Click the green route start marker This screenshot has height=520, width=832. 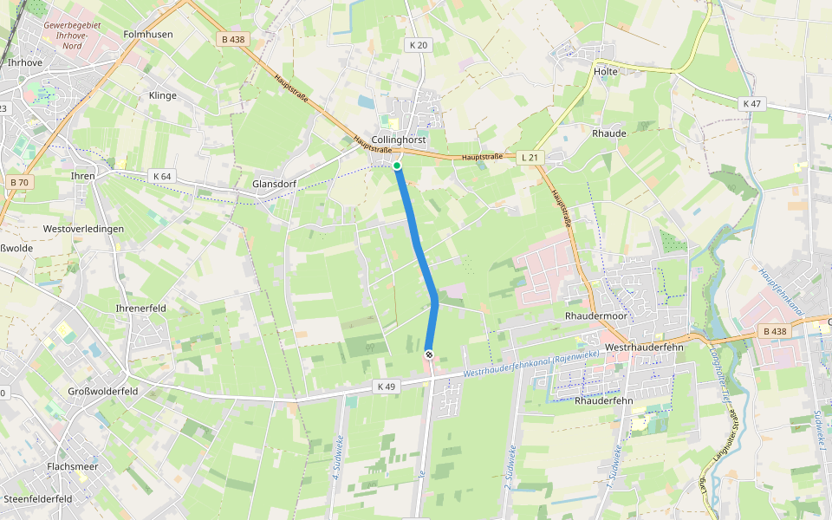(x=397, y=165)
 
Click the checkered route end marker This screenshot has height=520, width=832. (x=429, y=354)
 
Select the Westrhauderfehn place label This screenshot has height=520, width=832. (x=645, y=347)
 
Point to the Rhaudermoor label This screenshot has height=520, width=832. (x=595, y=316)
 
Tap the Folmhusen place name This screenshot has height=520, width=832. (x=148, y=35)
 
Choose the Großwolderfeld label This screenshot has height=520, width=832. (x=103, y=391)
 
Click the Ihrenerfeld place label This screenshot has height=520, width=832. (x=140, y=308)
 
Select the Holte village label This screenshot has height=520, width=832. (x=607, y=71)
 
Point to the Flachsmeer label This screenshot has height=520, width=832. (x=73, y=466)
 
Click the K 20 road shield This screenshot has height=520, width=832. (x=418, y=45)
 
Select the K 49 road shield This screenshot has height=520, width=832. (x=387, y=386)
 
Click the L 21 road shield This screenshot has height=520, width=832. (x=530, y=158)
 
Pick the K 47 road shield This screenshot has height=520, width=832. (x=751, y=104)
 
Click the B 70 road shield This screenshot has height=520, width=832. (x=19, y=182)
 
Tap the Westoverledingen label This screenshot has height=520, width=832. (x=83, y=229)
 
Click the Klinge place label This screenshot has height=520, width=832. (x=163, y=95)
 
